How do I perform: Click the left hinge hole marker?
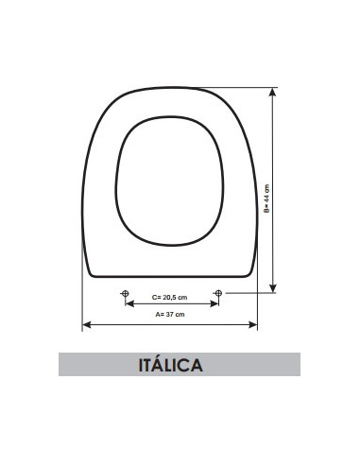click(125, 294)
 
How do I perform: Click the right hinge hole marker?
click(218, 294)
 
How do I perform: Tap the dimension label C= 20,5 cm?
click(171, 300)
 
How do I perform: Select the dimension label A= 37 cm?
click(170, 314)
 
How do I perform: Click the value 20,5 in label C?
click(172, 300)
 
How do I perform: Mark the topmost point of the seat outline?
click(171, 88)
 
